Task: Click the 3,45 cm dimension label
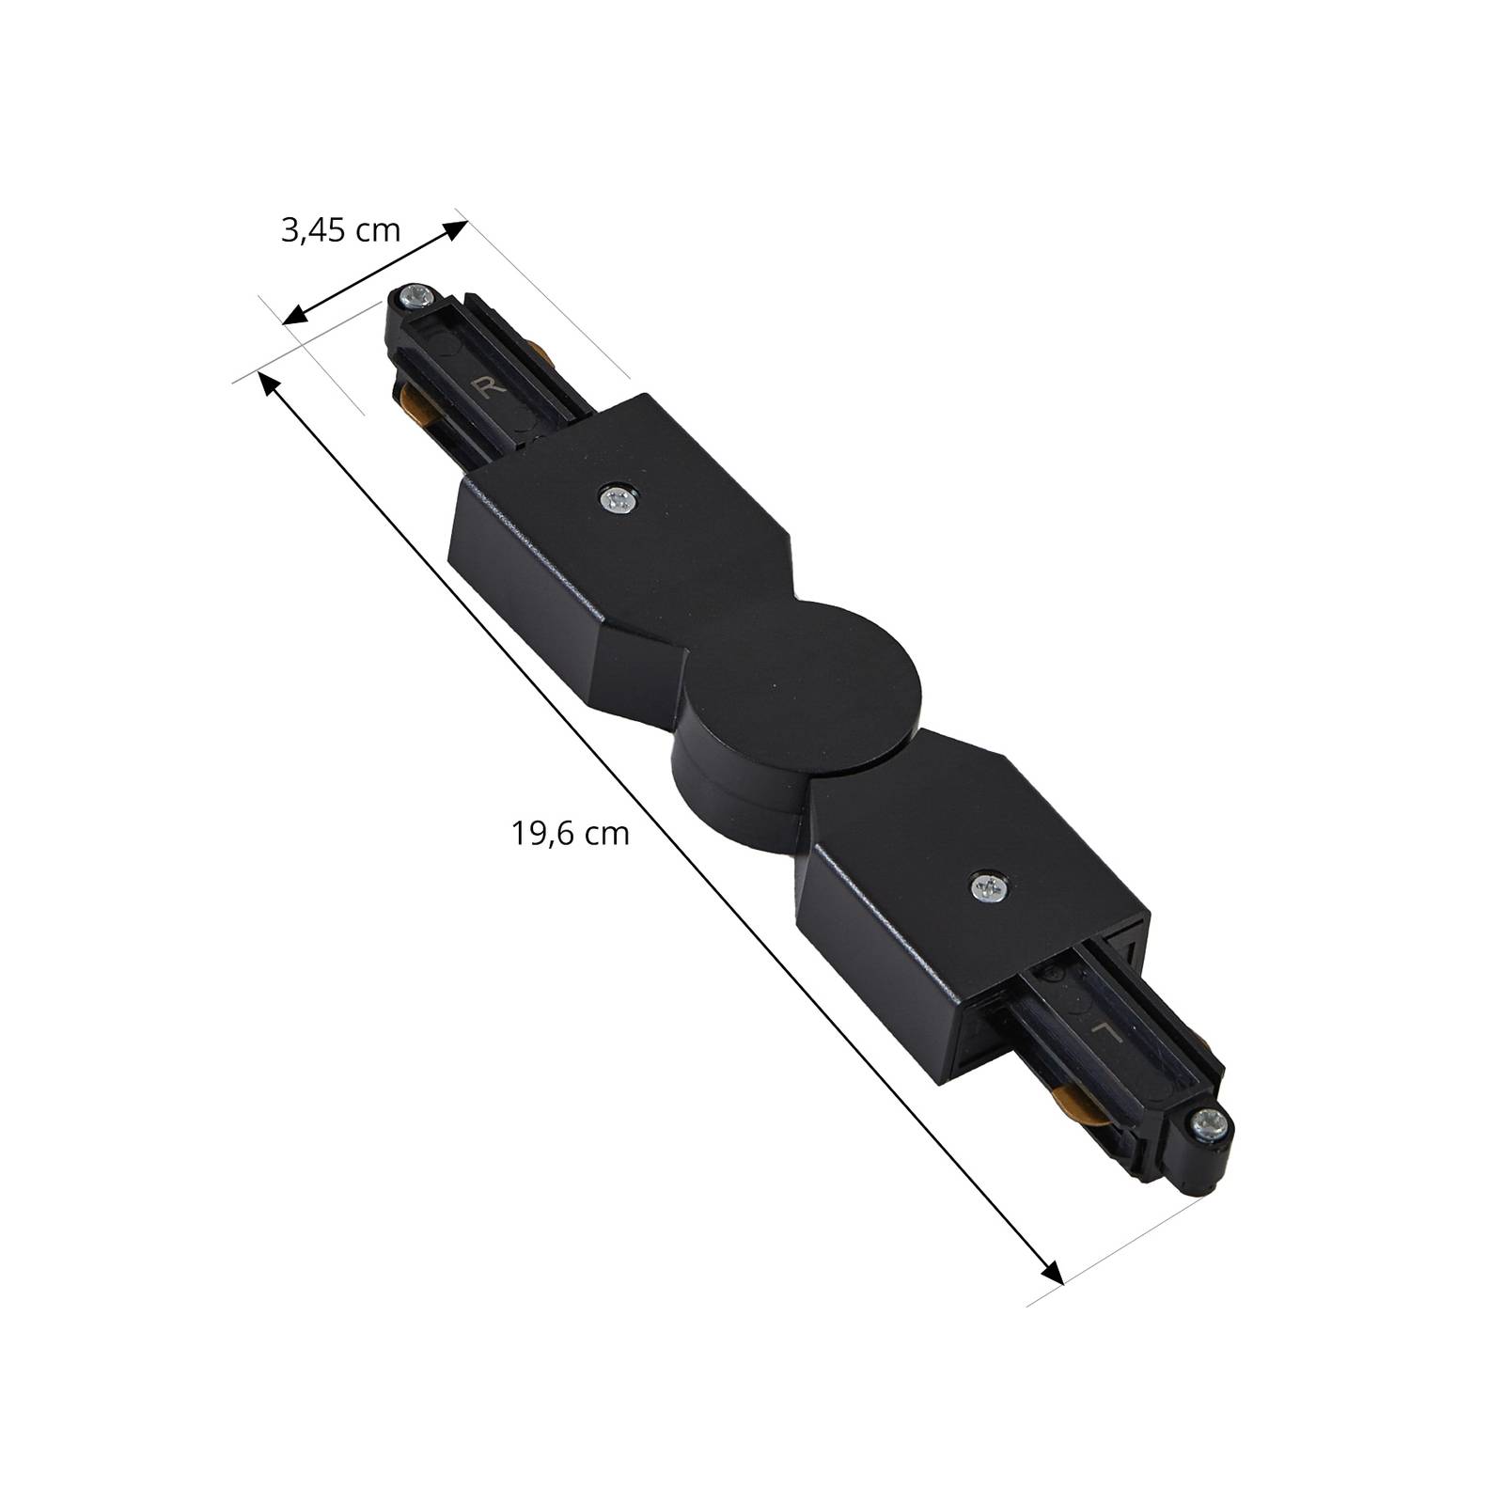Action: coord(340,230)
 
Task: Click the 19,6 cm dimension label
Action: coord(571,833)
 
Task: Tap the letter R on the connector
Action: coord(487,387)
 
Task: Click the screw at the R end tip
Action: coord(415,299)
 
